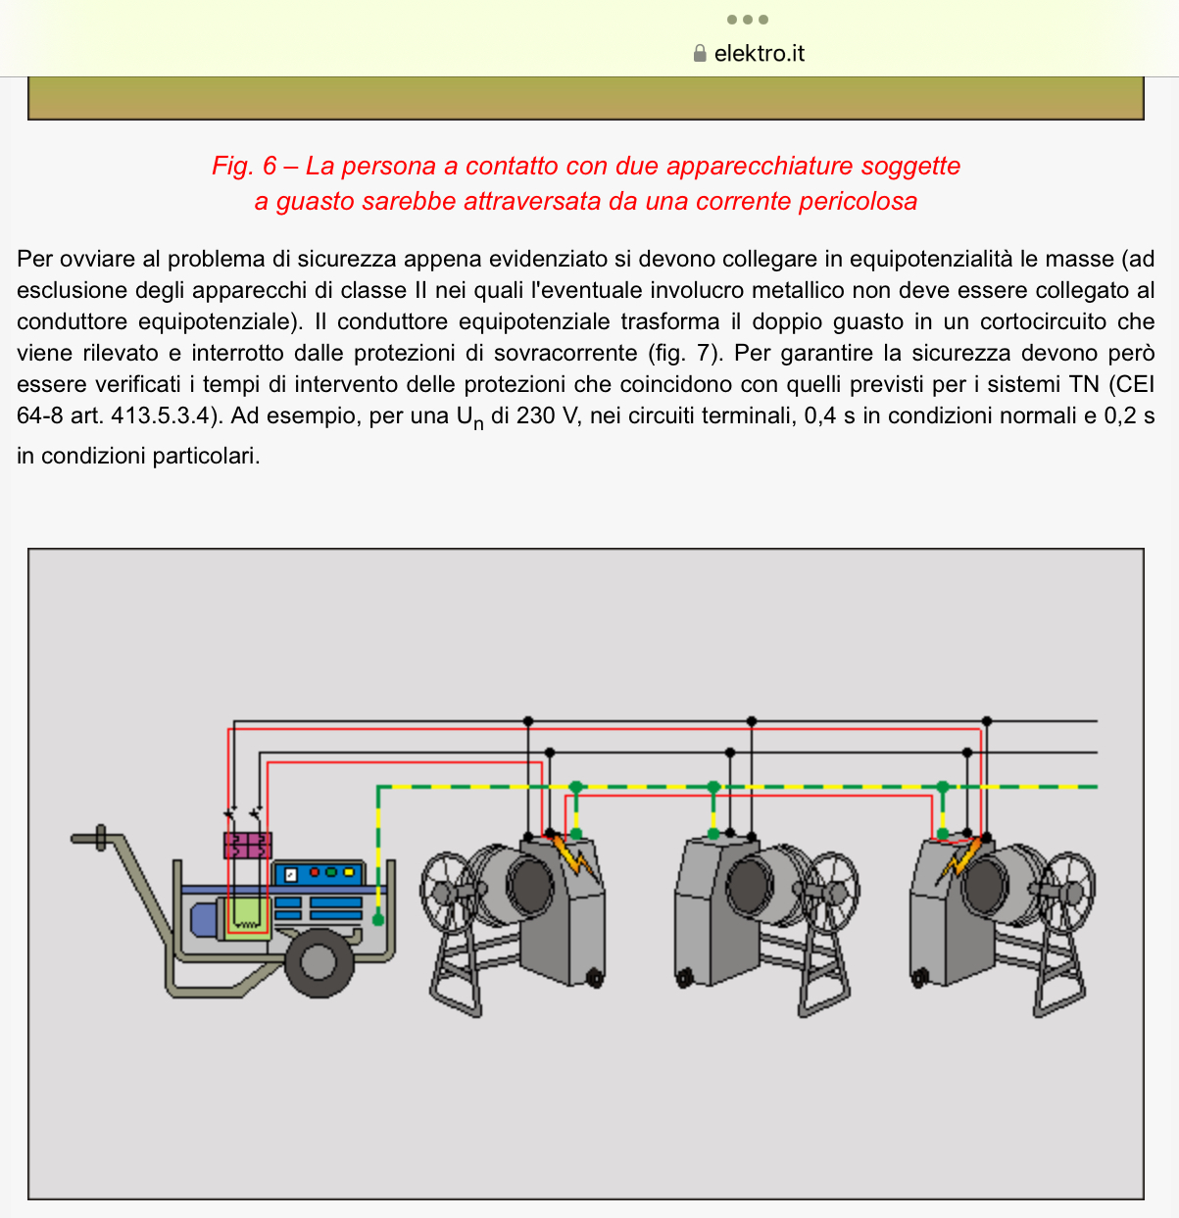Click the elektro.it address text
(x=760, y=54)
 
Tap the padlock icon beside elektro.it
(x=700, y=54)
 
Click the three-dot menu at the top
(x=748, y=20)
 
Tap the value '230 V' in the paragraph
(x=550, y=416)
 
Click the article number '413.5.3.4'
(x=161, y=416)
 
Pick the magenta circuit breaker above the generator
(x=248, y=845)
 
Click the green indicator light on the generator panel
(x=331, y=871)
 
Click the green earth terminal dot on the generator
(x=378, y=918)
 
